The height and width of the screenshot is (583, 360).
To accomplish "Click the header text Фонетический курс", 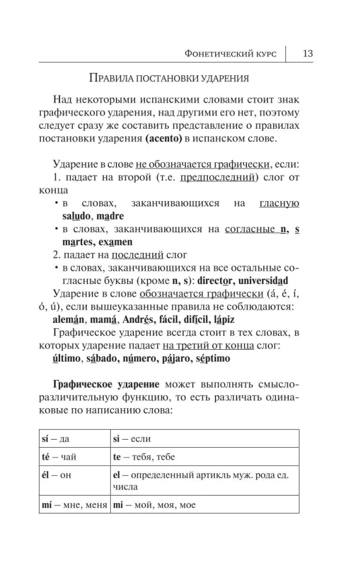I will coord(230,54).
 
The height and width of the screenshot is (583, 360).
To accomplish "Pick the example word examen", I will coord(117,241).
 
